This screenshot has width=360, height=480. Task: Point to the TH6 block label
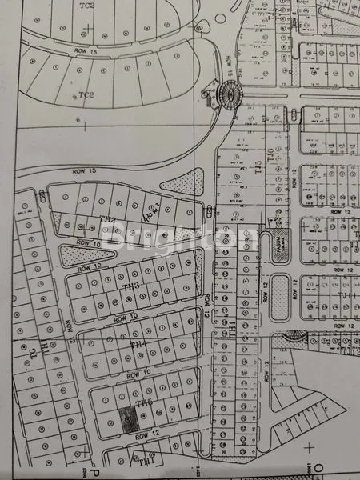(x=143, y=402)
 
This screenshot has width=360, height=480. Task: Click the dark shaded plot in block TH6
(x=126, y=418)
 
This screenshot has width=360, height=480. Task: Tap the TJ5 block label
(x=258, y=166)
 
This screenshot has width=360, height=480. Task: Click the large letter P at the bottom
(x=94, y=470)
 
